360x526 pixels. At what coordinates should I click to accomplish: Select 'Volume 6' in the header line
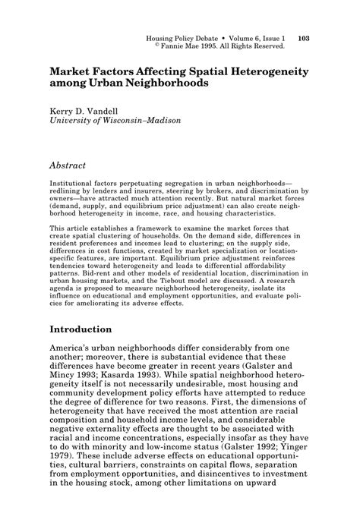[235, 37]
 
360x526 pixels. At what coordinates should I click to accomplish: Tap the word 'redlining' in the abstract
[71, 193]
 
